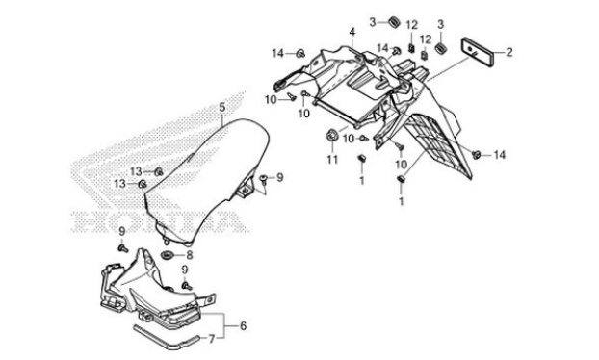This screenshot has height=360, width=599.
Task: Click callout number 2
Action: [508, 52]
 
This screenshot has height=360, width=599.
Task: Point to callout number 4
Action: [352, 32]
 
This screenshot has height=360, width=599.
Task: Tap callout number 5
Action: [221, 108]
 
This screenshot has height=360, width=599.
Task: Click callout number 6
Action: [243, 326]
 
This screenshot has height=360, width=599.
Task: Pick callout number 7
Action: [212, 339]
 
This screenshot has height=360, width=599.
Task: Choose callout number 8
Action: [189, 255]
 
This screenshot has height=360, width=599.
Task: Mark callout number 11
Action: [332, 159]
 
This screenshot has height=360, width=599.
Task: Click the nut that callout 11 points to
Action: [331, 136]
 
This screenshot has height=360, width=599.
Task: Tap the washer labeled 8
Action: [167, 255]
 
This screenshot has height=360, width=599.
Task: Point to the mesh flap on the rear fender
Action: [439, 145]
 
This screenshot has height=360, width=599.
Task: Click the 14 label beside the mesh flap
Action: [499, 155]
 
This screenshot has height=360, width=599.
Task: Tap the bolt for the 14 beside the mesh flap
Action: [476, 155]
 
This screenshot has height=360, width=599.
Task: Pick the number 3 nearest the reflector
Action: [440, 25]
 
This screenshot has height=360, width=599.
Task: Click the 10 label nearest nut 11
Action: [349, 139]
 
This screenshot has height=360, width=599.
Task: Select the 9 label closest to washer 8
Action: [185, 270]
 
